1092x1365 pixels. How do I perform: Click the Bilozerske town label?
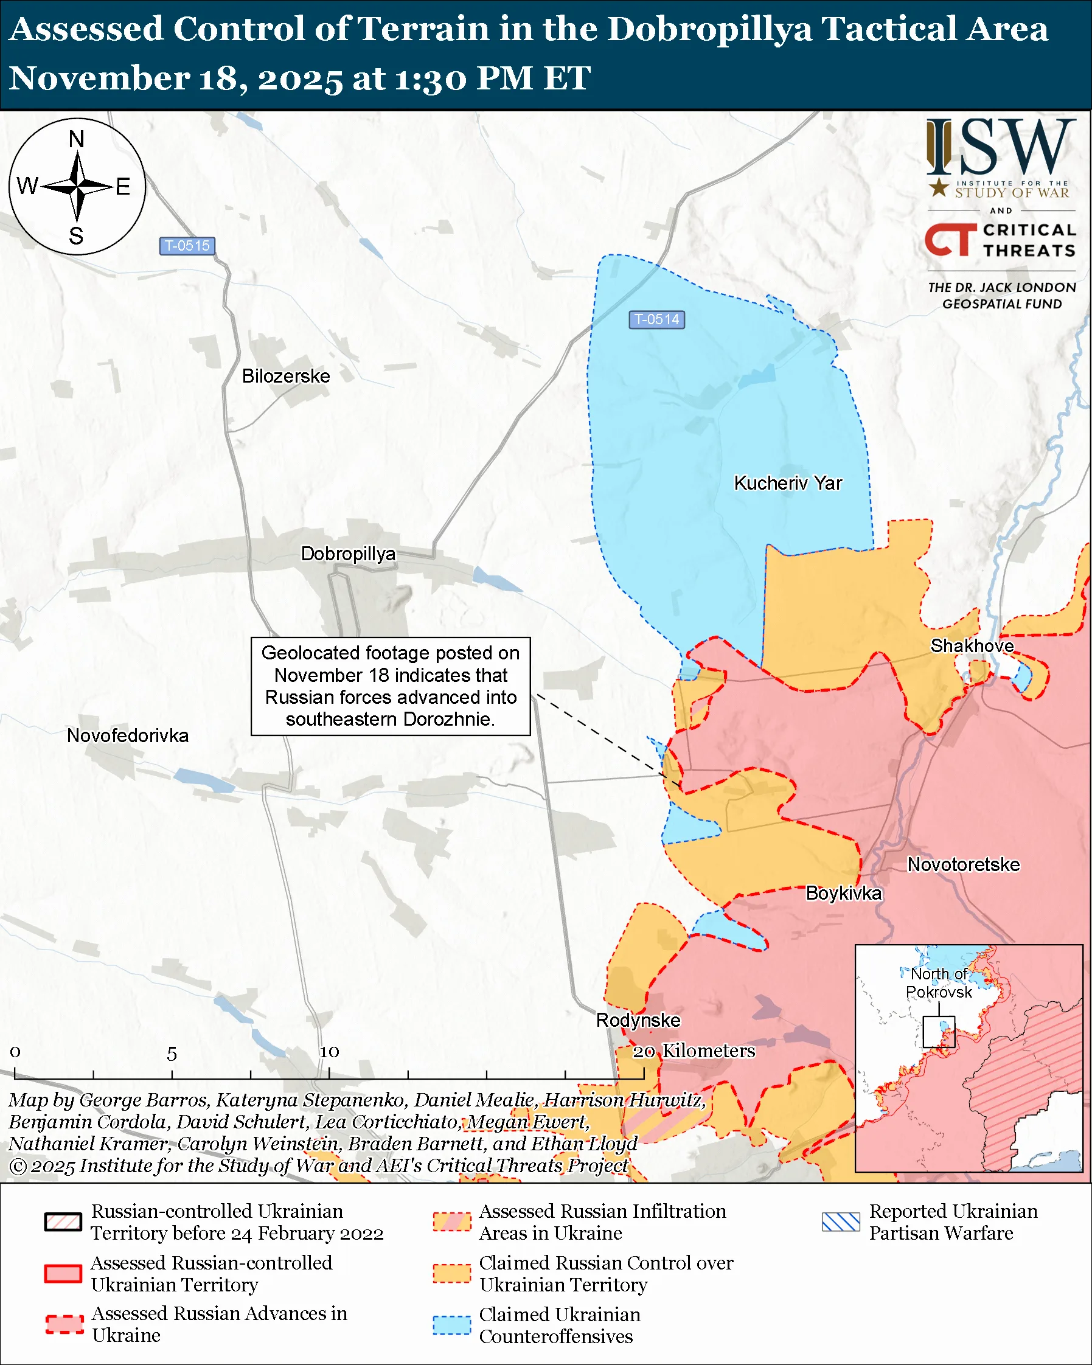pyautogui.click(x=286, y=376)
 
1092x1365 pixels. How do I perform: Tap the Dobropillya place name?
pyautogui.click(x=347, y=554)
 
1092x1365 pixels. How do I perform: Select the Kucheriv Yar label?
pyautogui.click(x=787, y=483)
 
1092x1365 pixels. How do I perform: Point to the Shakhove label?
pyautogui.click(x=971, y=646)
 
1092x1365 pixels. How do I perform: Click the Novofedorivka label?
pyautogui.click(x=128, y=735)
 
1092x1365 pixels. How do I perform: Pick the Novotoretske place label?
pyautogui.click(x=963, y=864)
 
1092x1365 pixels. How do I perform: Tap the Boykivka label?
pyautogui.click(x=843, y=894)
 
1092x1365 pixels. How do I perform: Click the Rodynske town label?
pyautogui.click(x=638, y=1020)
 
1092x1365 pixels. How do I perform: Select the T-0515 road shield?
pyautogui.click(x=187, y=246)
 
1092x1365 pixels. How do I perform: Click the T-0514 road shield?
pyautogui.click(x=656, y=320)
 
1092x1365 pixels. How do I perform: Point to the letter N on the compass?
pyautogui.click(x=77, y=139)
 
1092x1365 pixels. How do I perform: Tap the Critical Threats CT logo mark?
pyautogui.click(x=950, y=240)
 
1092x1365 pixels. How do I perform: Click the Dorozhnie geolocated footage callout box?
pyautogui.click(x=390, y=686)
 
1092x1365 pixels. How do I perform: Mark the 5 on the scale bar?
pyautogui.click(x=172, y=1054)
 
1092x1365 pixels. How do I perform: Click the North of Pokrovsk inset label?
pyautogui.click(x=938, y=982)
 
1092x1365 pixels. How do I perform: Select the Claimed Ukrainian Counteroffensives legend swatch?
pyautogui.click(x=451, y=1325)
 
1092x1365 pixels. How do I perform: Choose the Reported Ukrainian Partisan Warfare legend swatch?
pyautogui.click(x=841, y=1222)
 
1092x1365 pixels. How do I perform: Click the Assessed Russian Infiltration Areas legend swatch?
pyautogui.click(x=451, y=1222)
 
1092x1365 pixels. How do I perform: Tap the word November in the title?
pyautogui.click(x=99, y=78)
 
